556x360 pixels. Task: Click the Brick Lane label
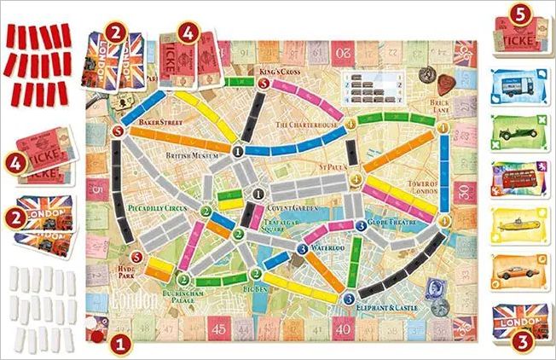pyautogui.click(x=440, y=106)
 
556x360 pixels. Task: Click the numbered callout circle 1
pyautogui.click(x=123, y=345)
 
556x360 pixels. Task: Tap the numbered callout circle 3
pyautogui.click(x=517, y=344)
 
